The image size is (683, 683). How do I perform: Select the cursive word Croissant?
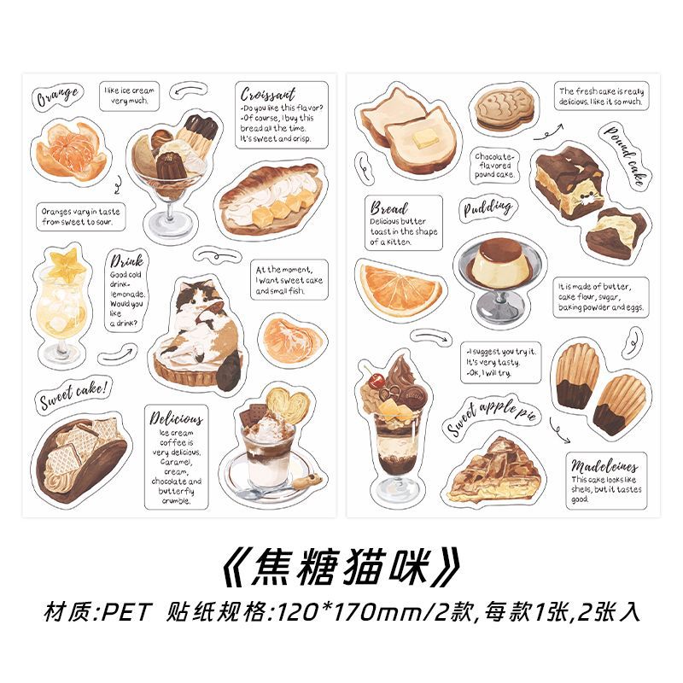click(x=268, y=95)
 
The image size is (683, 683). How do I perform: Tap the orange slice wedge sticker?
click(x=400, y=287)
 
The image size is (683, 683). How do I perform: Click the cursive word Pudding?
click(x=487, y=207)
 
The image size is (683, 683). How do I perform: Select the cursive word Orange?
click(x=58, y=96)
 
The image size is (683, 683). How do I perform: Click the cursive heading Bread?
click(x=389, y=207)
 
